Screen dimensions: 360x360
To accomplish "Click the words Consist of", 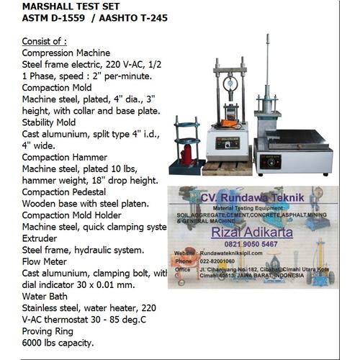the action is [x=45, y=42].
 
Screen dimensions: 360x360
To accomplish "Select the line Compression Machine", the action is [x=66, y=53].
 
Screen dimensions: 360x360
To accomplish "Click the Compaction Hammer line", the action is [x=64, y=156].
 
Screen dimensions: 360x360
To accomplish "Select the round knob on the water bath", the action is [x=274, y=163].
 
